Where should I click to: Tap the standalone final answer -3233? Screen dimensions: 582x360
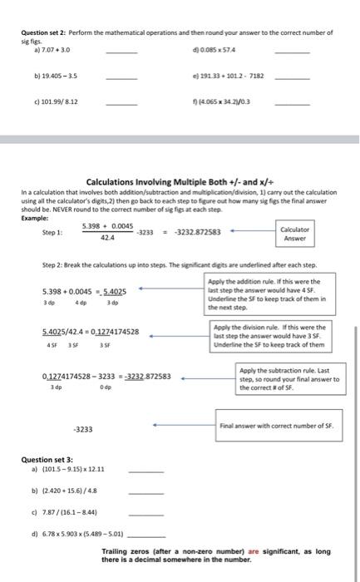pos(82,430)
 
